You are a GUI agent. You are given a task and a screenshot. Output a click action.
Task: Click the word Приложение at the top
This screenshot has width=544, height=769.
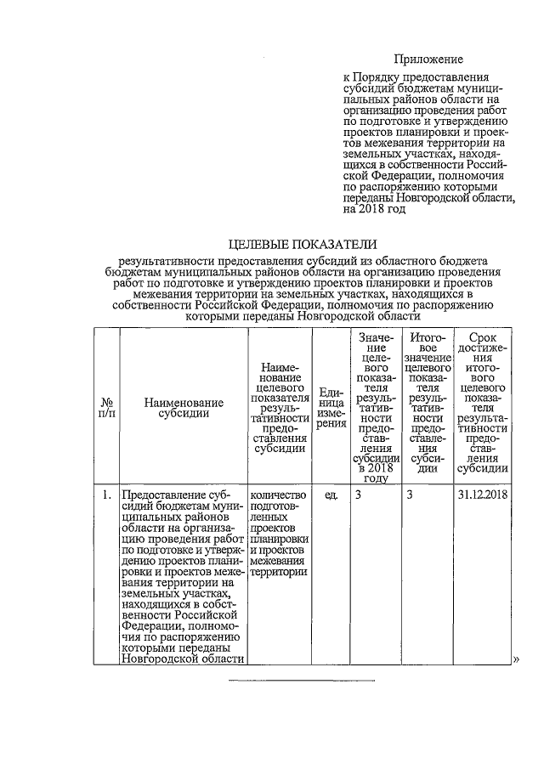(x=428, y=59)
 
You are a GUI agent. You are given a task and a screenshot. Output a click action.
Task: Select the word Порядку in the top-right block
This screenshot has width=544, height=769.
(x=381, y=79)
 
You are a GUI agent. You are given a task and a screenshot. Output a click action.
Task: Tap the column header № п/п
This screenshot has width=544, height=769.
(x=108, y=407)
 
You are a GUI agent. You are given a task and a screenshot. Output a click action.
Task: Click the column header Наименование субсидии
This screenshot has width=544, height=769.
(x=184, y=407)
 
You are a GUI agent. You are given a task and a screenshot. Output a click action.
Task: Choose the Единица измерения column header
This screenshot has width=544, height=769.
(x=331, y=407)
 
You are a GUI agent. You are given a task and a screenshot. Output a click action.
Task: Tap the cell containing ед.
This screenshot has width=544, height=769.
(x=331, y=494)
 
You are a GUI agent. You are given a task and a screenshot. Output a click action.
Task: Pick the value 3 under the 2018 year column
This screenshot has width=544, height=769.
(x=359, y=494)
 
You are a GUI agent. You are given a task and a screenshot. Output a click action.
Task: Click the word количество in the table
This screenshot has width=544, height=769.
(x=277, y=494)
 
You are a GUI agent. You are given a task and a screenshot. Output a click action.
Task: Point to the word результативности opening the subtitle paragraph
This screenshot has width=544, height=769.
(x=169, y=263)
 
